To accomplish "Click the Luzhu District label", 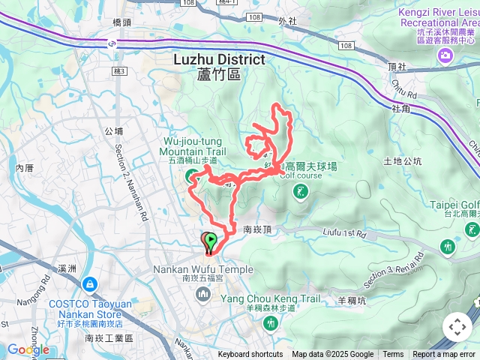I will pyautogui.click(x=219, y=59).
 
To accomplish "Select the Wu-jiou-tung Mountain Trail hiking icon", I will pyautogui.click(x=191, y=176).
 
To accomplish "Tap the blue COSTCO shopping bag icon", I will pyautogui.click(x=89, y=285).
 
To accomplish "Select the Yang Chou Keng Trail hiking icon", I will pyautogui.click(x=269, y=322).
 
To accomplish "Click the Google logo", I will pyautogui.click(x=28, y=349).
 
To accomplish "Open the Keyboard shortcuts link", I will pyautogui.click(x=250, y=355).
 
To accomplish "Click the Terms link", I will pyautogui.click(x=393, y=355).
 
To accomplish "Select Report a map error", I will pyautogui.click(x=444, y=355).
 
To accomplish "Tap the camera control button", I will pyautogui.click(x=457, y=327).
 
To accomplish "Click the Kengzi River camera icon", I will pyautogui.click(x=446, y=56).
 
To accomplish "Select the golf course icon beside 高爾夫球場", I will pyautogui.click(x=301, y=193).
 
